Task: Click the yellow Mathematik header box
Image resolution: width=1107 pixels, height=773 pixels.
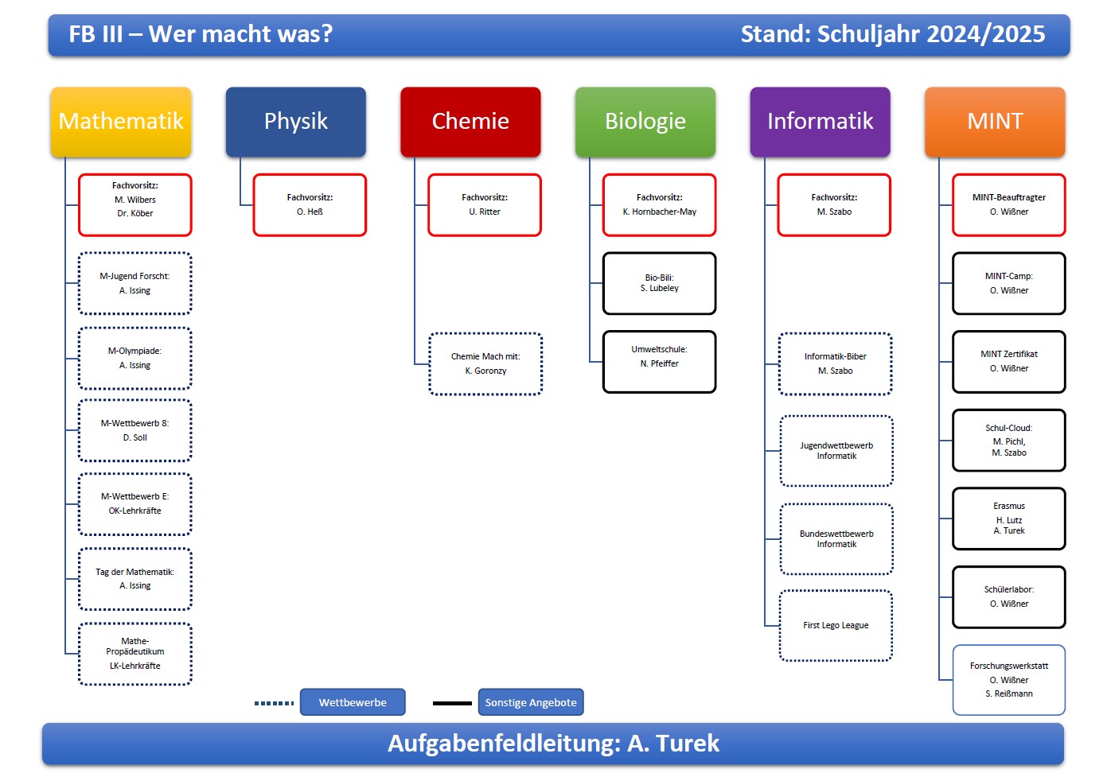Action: click(x=121, y=122)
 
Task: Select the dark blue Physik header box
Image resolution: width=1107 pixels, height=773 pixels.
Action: click(x=295, y=122)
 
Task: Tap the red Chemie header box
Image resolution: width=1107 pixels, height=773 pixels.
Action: click(x=470, y=122)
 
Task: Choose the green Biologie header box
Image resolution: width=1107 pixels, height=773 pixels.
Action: click(x=645, y=122)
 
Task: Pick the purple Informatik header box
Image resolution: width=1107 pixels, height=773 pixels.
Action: click(x=820, y=122)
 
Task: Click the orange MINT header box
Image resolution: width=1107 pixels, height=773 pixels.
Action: click(x=995, y=122)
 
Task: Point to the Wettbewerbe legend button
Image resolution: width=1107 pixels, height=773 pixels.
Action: click(x=353, y=702)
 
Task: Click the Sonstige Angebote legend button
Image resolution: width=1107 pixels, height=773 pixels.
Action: click(x=531, y=702)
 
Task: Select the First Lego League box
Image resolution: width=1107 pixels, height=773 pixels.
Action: click(x=836, y=625)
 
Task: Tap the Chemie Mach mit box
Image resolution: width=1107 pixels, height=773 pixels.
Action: click(x=485, y=364)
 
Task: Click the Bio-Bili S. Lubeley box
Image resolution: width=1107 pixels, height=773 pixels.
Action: click(x=659, y=283)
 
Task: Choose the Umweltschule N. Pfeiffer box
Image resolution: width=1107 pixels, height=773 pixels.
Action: click(x=659, y=362)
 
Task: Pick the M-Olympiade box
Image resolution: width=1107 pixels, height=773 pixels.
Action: click(x=135, y=358)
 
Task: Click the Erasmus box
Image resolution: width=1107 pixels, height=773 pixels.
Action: click(x=1008, y=519)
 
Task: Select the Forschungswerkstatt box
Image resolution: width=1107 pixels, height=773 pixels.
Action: click(x=1008, y=680)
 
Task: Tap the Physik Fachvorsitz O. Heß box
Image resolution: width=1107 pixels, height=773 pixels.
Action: click(x=310, y=205)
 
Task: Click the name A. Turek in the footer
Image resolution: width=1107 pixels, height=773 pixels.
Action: click(x=673, y=744)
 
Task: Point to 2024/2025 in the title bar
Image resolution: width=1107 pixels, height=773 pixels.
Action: click(x=985, y=34)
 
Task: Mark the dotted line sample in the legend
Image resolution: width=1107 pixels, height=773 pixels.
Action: click(x=274, y=703)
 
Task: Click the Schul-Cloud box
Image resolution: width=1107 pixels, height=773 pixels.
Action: click(x=1008, y=440)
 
